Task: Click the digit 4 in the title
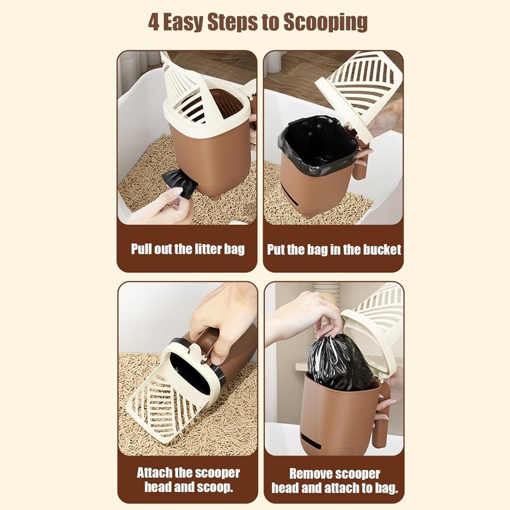(x=154, y=22)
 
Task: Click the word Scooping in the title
(x=325, y=23)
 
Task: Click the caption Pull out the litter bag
(x=187, y=249)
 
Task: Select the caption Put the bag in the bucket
(x=334, y=249)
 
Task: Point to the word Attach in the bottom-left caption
(x=154, y=472)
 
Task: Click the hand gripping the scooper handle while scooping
(x=224, y=322)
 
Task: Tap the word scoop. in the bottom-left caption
(x=215, y=487)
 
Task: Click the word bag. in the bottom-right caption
(x=386, y=488)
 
